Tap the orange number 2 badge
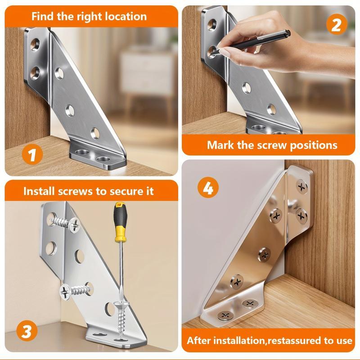336,24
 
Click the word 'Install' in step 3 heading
40,191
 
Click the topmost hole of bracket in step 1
35,45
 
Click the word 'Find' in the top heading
43,17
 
